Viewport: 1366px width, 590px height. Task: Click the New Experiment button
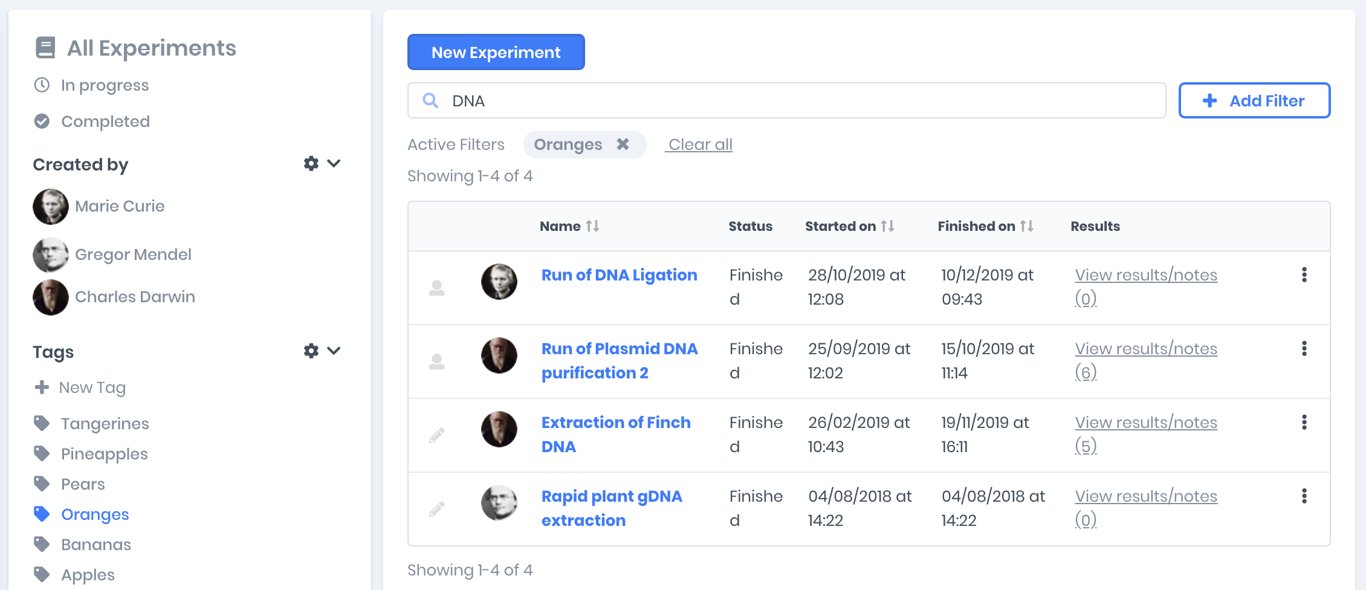coord(496,53)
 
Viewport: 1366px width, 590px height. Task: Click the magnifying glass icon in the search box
coord(430,100)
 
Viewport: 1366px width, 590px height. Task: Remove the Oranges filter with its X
coord(623,144)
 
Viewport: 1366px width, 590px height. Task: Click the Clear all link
coord(700,144)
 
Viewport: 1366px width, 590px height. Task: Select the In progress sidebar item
coord(104,85)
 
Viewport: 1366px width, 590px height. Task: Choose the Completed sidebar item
coord(105,122)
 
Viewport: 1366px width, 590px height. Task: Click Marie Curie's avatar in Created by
coord(51,207)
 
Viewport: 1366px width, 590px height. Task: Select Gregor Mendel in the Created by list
coord(133,254)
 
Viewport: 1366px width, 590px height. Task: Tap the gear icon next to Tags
coord(311,351)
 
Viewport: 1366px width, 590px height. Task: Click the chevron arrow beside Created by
coord(334,163)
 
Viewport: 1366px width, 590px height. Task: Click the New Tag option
coord(92,387)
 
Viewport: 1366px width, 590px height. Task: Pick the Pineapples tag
coord(104,454)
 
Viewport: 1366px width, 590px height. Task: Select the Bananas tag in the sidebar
coord(95,545)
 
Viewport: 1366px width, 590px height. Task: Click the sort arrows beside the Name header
coord(592,226)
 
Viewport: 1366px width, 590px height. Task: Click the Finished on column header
coord(976,226)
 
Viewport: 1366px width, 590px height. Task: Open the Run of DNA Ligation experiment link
coord(619,275)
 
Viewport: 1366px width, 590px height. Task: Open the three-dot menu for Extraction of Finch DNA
coord(1304,423)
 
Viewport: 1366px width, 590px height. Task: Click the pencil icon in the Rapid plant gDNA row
coord(437,509)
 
